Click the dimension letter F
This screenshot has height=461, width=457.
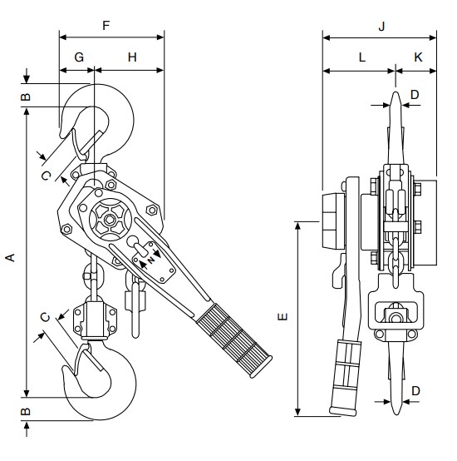coord(106,26)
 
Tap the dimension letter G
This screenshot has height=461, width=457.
coord(79,57)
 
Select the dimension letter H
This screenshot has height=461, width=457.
coord(132,57)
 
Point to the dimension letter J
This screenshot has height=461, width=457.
coord(381,27)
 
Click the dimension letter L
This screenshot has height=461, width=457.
coord(362,57)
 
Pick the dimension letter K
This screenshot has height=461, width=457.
coord(418,57)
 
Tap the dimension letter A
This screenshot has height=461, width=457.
coord(10,258)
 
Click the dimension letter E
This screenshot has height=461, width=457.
coord(283,317)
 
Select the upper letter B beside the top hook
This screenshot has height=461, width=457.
coord(26,97)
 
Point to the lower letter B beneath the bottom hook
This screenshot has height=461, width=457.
coord(26,411)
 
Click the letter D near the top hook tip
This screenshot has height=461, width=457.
coord(415,95)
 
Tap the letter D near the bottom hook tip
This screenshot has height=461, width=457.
coord(416,391)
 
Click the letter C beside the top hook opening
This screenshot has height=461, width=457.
coord(47,176)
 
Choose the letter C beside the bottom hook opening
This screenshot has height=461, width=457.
coord(46,317)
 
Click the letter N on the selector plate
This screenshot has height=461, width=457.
coord(151,260)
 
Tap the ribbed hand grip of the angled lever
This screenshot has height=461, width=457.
coord(234,340)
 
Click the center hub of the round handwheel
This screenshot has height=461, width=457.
coord(110,220)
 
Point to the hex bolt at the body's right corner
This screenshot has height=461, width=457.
coord(152,210)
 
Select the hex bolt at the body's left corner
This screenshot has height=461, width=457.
coord(66,229)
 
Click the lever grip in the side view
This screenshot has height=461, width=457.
coord(346,378)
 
